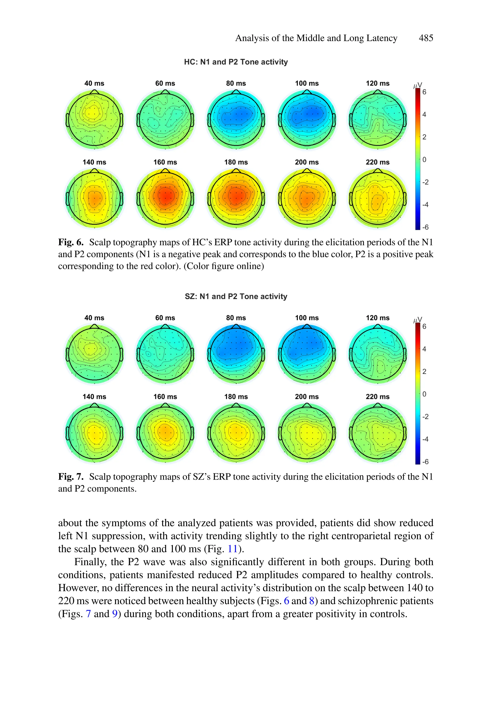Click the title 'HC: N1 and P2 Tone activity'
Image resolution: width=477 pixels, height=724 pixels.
(236, 62)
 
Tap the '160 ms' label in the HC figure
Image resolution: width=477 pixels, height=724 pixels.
(165, 162)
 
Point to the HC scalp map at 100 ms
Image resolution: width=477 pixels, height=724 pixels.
(307, 119)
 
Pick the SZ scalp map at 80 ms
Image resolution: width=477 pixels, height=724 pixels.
(236, 354)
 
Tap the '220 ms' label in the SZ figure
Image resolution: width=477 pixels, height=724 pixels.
(378, 396)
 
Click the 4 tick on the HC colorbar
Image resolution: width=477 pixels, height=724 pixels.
(424, 114)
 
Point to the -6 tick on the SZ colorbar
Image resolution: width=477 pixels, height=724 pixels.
(425, 461)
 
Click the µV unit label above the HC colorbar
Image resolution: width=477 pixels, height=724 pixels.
(417, 86)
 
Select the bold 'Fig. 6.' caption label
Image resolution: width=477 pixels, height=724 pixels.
(71, 242)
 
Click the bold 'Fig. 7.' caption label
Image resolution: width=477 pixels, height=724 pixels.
(71, 477)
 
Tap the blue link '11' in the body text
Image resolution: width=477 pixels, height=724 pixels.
(232, 549)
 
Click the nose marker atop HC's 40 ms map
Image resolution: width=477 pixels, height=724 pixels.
(94, 92)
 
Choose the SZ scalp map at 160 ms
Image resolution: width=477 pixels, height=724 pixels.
(165, 433)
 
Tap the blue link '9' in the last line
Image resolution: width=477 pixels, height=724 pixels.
(115, 613)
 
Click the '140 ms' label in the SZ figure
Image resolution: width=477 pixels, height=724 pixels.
(94, 396)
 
